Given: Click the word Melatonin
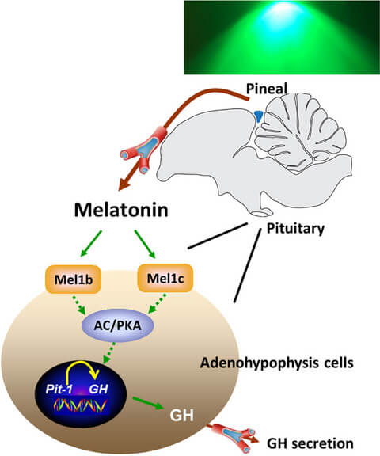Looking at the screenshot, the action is pos(121,210).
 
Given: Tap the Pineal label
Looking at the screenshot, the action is pos(267,89).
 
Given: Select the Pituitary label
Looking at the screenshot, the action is pos(295,229).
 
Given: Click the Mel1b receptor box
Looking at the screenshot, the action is pos(74,279).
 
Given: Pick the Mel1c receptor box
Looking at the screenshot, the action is pos(165,278).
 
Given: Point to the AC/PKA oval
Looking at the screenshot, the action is pos(118,325).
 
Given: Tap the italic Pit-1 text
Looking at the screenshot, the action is pos(59,389).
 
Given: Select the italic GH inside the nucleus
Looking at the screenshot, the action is pos(98,389).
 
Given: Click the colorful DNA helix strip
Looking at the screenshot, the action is pos(81,405).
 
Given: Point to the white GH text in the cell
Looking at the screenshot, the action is pos(181,416).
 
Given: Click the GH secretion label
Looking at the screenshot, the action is pos(310,443).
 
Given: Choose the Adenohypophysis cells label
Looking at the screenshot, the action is pos(277,363).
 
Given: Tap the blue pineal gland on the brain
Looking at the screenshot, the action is pos(258,116).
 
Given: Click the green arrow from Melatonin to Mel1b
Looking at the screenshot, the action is pos(91,244).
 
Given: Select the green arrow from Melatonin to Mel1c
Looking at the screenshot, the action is pos(145,244).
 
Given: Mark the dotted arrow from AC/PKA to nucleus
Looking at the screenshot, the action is pos(109,353).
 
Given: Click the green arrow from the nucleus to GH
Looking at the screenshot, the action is pos(147,403).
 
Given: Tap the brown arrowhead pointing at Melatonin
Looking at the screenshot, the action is pos(124,184).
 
